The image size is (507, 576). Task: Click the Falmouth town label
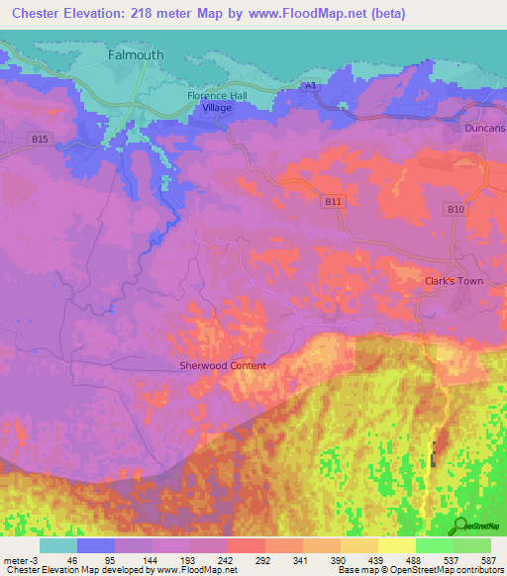[136, 56]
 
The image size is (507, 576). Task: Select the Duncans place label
[484, 129]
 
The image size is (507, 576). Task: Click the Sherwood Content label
[223, 365]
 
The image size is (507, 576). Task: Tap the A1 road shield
[311, 87]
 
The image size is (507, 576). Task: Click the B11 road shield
[333, 201]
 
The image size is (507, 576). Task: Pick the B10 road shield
[455, 209]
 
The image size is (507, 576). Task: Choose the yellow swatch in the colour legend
[397, 545]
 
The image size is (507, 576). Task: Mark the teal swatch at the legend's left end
[57, 545]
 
